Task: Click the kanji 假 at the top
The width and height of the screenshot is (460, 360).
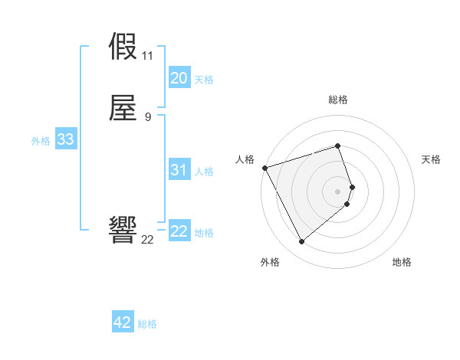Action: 123,48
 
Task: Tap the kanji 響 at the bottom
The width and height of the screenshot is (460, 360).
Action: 123,230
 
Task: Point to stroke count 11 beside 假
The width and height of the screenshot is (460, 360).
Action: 147,57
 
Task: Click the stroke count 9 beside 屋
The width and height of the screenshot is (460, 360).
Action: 147,116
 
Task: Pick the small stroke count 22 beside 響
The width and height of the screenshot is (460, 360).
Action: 147,240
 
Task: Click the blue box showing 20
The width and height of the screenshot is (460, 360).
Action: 179,78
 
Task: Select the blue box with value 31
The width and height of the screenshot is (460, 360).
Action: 179,170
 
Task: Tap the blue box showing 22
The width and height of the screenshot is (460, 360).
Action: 179,231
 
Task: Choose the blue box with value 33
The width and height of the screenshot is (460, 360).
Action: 65,139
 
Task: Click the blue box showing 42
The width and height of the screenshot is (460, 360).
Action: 123,322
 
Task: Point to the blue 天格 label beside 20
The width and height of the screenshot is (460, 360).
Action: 204,80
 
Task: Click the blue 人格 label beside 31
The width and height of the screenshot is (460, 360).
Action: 204,172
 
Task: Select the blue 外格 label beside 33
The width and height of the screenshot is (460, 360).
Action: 41,141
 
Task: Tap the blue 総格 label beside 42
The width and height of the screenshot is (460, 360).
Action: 147,324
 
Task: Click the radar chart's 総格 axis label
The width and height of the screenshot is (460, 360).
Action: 338,100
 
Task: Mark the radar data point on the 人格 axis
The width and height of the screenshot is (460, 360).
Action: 264,168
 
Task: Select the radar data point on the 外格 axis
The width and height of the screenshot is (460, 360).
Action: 301,242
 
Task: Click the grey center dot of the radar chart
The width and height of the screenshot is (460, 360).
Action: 338,191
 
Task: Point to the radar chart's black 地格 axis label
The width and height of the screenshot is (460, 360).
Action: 402,263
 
